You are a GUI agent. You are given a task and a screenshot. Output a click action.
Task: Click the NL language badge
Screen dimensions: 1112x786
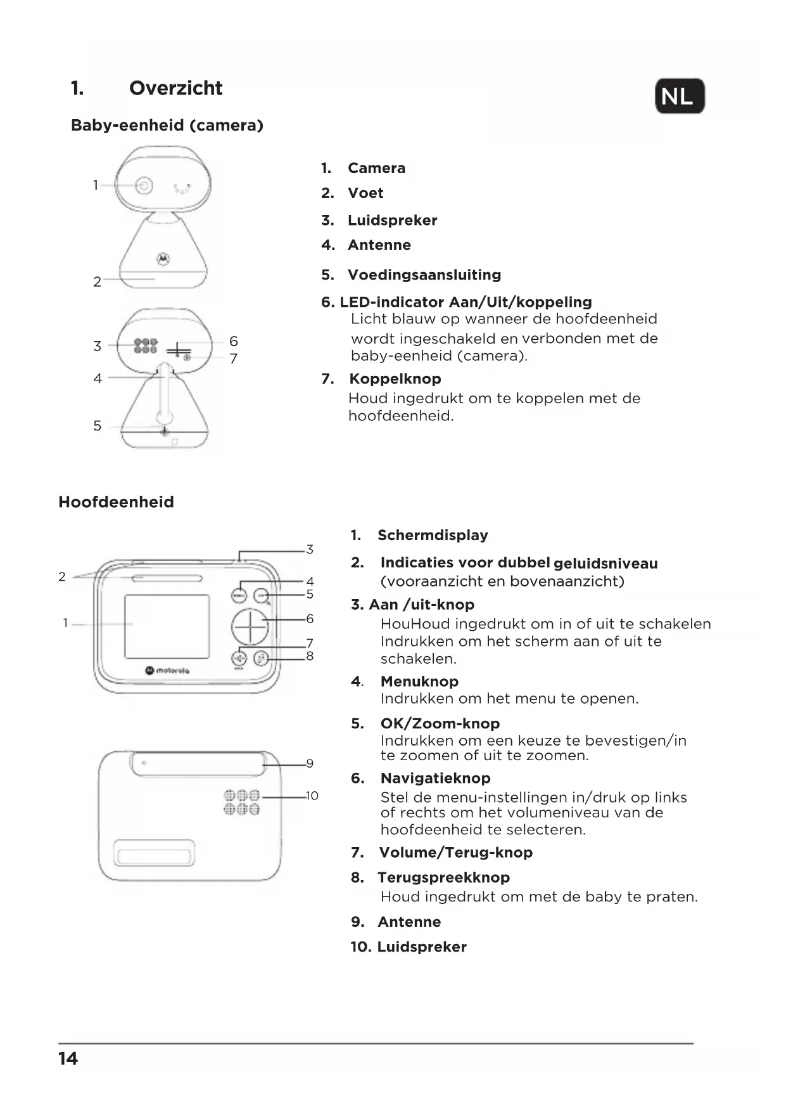(679, 96)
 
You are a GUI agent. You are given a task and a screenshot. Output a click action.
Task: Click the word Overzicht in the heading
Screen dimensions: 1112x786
(175, 88)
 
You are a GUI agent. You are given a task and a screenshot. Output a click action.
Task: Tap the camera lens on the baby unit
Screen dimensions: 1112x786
(144, 185)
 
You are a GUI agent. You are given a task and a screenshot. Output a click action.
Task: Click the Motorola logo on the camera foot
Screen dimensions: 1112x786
(163, 258)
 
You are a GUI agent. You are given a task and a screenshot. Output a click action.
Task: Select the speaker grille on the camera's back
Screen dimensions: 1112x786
(145, 346)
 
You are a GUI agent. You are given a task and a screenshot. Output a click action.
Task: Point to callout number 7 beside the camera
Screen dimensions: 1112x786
(234, 359)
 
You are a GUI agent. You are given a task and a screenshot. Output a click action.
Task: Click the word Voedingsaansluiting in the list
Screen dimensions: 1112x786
(424, 275)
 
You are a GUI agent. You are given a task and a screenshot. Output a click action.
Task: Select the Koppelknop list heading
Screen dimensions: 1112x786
(395, 378)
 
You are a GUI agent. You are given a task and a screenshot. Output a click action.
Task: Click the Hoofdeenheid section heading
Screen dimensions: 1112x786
(116, 502)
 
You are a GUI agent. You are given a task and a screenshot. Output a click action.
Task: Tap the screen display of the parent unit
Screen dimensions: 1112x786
(167, 626)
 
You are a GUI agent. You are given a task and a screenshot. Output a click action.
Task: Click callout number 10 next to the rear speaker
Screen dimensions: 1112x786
(312, 796)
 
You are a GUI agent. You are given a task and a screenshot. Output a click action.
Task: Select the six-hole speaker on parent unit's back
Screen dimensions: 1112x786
(241, 802)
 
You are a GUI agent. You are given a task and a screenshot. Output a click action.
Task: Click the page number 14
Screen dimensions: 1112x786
(68, 1059)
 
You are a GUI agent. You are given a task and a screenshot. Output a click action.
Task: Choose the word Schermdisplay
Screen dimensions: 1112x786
(433, 535)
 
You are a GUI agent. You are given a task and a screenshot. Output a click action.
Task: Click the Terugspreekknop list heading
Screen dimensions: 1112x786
(443, 877)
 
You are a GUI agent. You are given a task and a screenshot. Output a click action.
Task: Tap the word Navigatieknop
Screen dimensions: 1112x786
(435, 778)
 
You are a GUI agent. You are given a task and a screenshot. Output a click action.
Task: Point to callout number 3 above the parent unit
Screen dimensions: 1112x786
(310, 549)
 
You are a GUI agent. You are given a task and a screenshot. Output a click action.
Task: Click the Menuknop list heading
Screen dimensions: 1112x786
(419, 682)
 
